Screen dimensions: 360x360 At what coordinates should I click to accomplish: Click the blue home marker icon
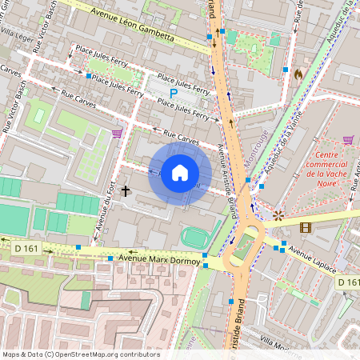point(180,173)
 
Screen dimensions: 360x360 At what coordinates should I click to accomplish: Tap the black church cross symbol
point(126,190)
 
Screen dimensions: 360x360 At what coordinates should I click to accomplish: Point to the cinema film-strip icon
point(305,228)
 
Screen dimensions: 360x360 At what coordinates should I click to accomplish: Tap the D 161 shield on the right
point(347,282)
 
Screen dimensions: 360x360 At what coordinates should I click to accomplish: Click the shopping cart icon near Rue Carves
point(117,133)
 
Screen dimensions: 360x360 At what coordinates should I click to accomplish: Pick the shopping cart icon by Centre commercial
point(348,140)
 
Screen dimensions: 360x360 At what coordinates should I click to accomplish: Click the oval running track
point(192,238)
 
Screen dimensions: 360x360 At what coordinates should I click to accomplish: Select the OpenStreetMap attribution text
point(80,354)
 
